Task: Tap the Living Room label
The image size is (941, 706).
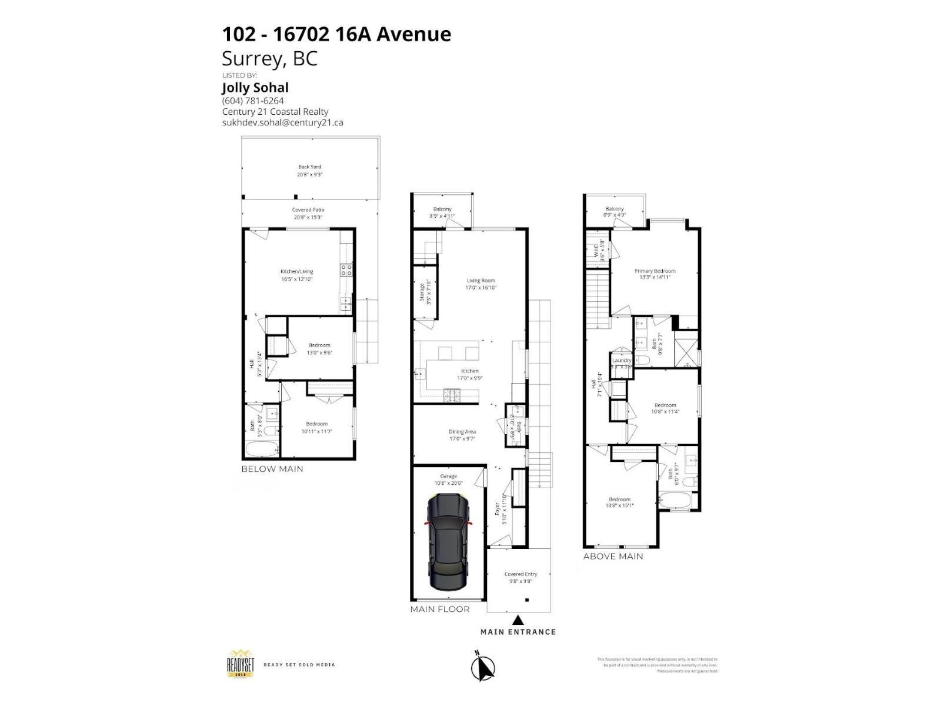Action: pos(480,281)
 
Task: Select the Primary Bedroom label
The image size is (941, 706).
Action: pos(655,271)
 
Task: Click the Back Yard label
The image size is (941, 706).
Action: pos(309,167)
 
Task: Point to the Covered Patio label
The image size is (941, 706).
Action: pos(308,210)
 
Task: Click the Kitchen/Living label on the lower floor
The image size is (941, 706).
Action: pos(296,272)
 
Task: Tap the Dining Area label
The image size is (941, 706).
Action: pos(462,432)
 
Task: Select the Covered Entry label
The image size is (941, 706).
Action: pos(520,574)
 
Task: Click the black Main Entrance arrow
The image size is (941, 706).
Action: pos(518,620)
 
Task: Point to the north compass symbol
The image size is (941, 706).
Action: pos(484,667)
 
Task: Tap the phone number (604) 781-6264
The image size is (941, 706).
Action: pos(253,101)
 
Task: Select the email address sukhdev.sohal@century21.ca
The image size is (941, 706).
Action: pos(282,122)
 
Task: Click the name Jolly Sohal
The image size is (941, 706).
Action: pos(255,88)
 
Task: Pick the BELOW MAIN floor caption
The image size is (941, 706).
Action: pos(272,469)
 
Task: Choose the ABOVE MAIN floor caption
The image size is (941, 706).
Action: pos(613,556)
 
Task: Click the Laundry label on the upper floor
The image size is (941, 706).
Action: pos(622,361)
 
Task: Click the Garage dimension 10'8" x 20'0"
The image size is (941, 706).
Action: pos(448,484)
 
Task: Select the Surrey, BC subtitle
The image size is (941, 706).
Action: pos(269,58)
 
